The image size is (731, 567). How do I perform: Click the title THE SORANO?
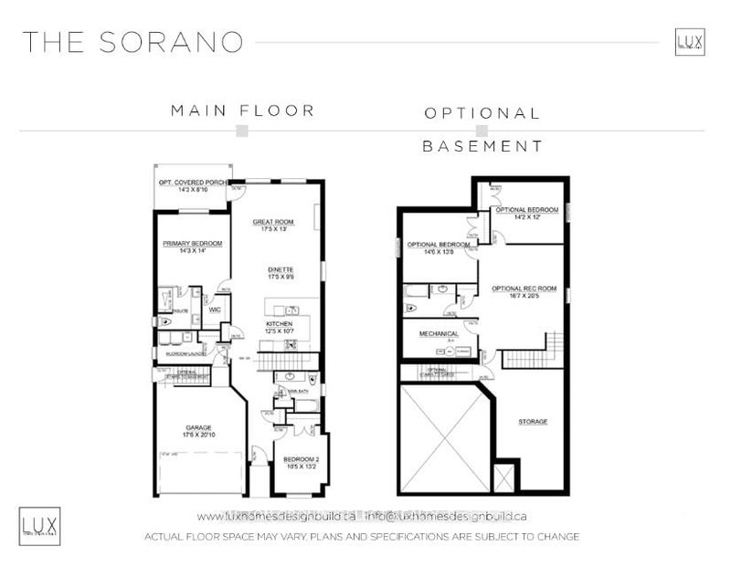pyautogui.click(x=133, y=42)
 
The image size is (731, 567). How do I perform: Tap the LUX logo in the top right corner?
pyautogui.click(x=689, y=42)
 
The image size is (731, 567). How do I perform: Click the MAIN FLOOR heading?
pyautogui.click(x=242, y=110)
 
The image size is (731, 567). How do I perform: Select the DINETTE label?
pyautogui.click(x=280, y=270)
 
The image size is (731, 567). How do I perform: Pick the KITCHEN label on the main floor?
pyautogui.click(x=279, y=324)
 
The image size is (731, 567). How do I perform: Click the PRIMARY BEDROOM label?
pyautogui.click(x=188, y=244)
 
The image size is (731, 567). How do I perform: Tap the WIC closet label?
pyautogui.click(x=215, y=310)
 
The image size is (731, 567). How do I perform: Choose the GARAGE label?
pyautogui.click(x=198, y=427)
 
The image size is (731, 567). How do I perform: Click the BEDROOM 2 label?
pyautogui.click(x=298, y=458)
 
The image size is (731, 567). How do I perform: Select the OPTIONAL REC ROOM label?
pyautogui.click(x=524, y=289)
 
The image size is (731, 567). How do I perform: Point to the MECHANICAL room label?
pyautogui.click(x=438, y=334)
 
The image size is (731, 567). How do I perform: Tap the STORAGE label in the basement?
pyautogui.click(x=533, y=422)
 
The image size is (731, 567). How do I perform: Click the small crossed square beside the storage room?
pyautogui.click(x=503, y=477)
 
